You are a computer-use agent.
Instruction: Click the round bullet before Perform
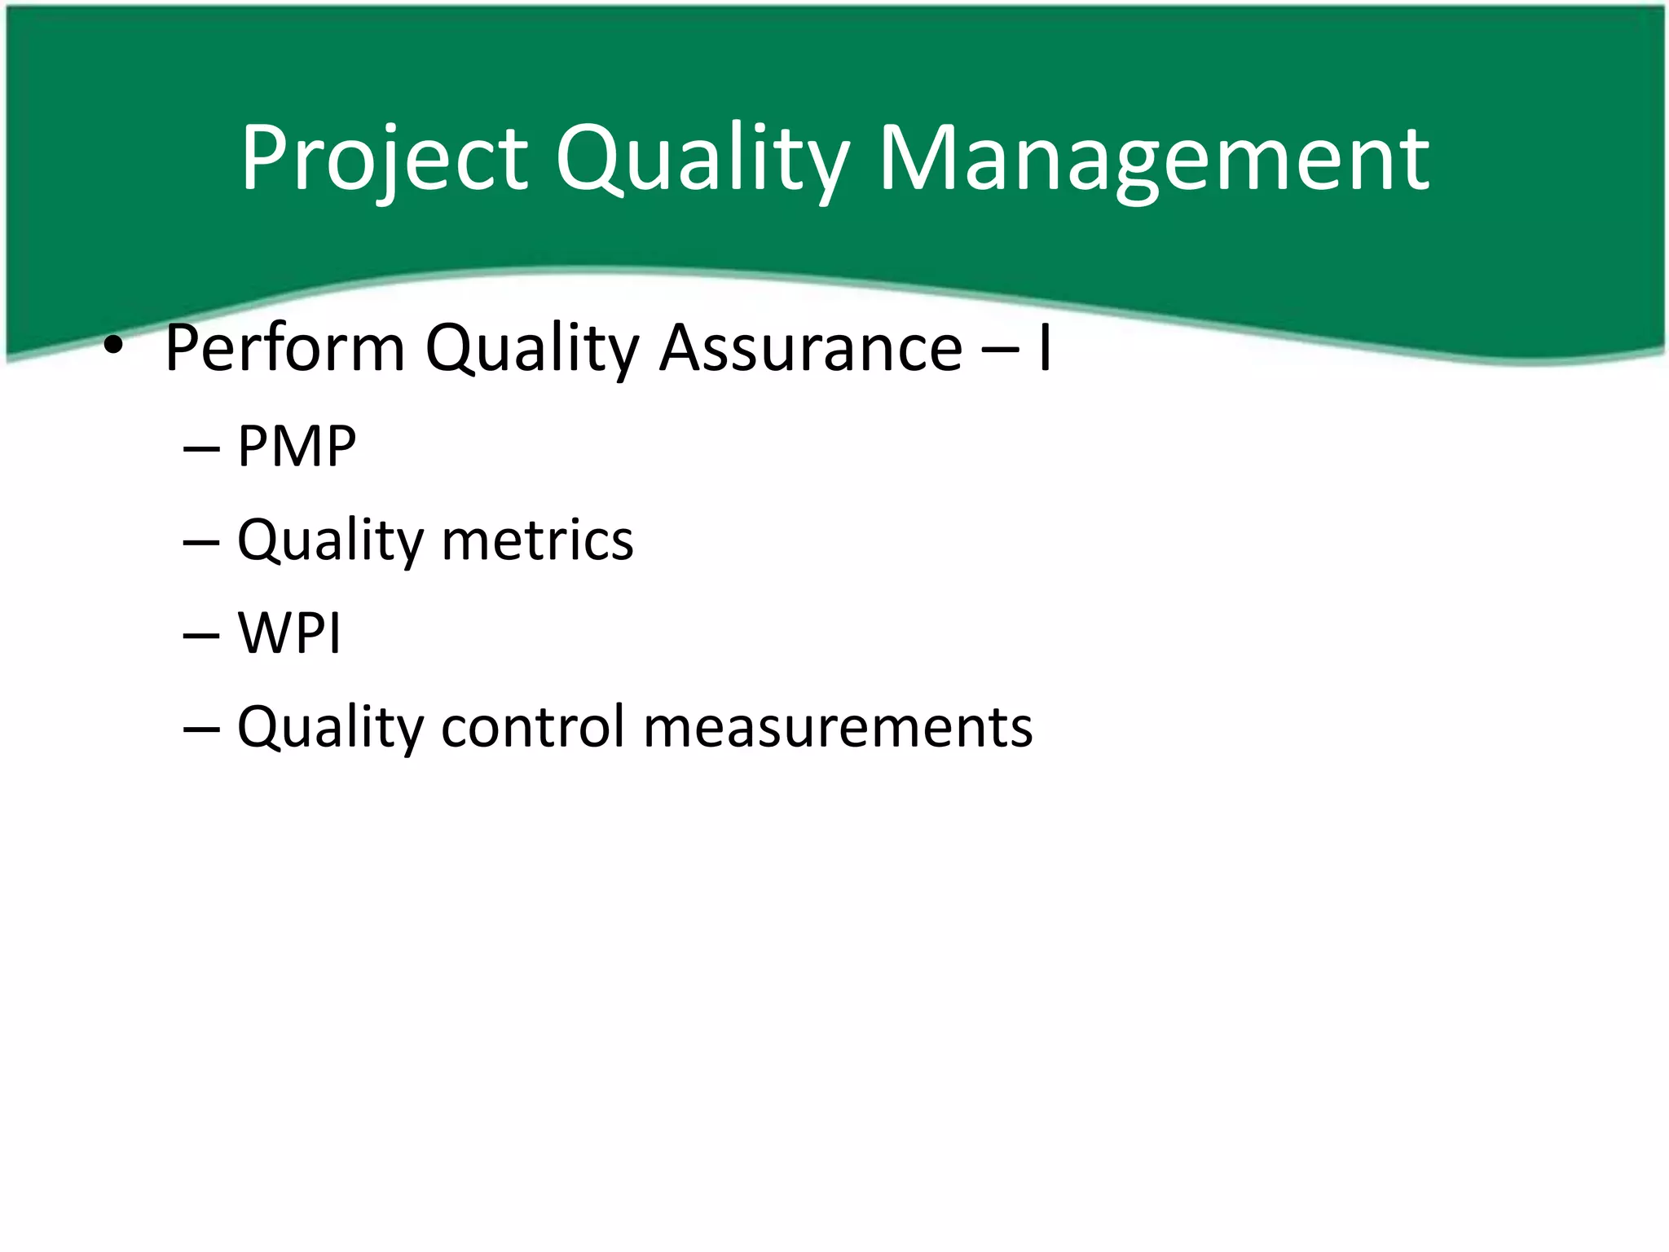point(113,348)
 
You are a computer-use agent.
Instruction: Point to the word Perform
point(284,348)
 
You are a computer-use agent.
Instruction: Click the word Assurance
point(811,348)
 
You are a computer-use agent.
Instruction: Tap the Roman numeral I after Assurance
point(1044,348)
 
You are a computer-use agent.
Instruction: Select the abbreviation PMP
point(297,447)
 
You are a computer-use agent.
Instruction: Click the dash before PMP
point(201,449)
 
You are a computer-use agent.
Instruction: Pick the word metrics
point(537,540)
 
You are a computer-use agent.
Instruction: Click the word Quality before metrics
point(330,541)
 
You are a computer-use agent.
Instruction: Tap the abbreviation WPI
point(289,633)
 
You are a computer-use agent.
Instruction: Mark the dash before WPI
point(201,636)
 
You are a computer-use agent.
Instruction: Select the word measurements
point(838,726)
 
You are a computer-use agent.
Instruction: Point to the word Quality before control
point(330,728)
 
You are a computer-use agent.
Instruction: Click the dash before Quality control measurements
point(201,729)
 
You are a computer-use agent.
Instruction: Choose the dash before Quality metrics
point(201,543)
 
